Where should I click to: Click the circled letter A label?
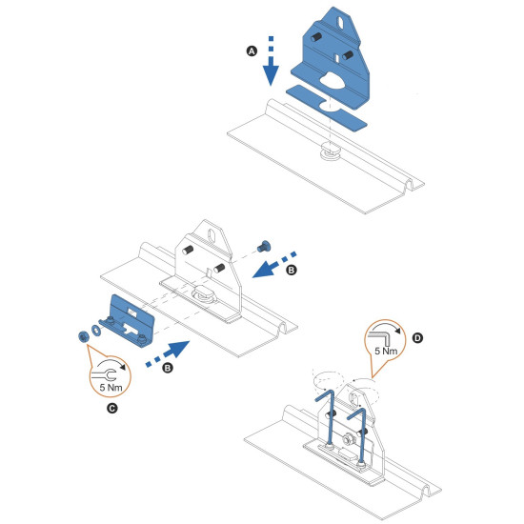point(252,51)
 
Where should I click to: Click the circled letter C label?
point(112,409)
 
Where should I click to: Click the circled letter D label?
point(417,338)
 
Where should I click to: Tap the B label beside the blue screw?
point(292,270)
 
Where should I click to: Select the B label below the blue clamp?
point(168,368)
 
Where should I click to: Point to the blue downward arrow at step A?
point(271,61)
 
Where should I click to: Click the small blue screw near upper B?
point(264,247)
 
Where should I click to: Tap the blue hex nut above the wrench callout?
point(83,336)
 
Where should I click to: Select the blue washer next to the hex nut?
point(96,330)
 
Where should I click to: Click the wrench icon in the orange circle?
point(105,375)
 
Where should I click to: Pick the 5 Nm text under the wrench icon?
point(111,388)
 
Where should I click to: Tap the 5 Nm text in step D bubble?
point(386,351)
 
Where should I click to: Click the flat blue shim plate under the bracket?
point(326,108)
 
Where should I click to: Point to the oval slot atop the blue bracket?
point(340,23)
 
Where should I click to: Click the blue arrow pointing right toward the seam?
point(168,353)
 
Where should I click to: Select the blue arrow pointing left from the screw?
point(274,265)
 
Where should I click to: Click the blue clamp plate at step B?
point(128,320)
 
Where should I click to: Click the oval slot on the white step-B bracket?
point(212,235)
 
